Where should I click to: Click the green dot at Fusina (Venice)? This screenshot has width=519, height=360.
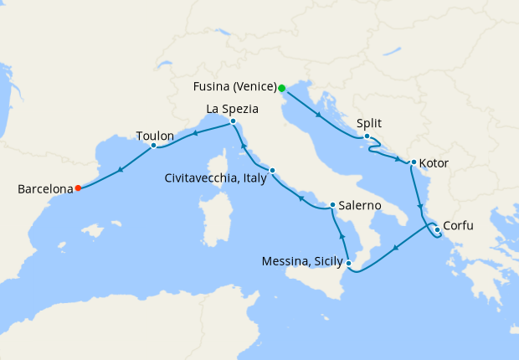click(x=282, y=88)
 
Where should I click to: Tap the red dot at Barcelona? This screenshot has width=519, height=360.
click(x=78, y=188)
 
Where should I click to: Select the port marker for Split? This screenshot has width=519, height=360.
click(x=367, y=136)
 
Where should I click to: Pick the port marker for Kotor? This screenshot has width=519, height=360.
click(x=414, y=162)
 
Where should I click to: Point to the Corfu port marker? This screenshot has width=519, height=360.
click(x=437, y=229)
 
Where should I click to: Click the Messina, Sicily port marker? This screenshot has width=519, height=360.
click(x=349, y=265)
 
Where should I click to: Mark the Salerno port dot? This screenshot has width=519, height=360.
click(x=332, y=205)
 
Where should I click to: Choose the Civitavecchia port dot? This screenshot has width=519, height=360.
click(x=272, y=171)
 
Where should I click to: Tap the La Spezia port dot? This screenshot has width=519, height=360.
click(x=232, y=121)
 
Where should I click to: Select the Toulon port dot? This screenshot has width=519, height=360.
click(x=154, y=146)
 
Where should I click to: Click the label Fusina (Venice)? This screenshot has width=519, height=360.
click(x=234, y=87)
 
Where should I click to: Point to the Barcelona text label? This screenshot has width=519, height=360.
click(x=44, y=190)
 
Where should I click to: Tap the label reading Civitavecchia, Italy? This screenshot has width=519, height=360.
click(x=215, y=177)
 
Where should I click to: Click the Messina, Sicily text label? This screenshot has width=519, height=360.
click(x=301, y=262)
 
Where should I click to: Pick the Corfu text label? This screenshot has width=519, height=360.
click(x=461, y=225)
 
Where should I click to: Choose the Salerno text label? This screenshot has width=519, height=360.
click(x=361, y=205)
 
